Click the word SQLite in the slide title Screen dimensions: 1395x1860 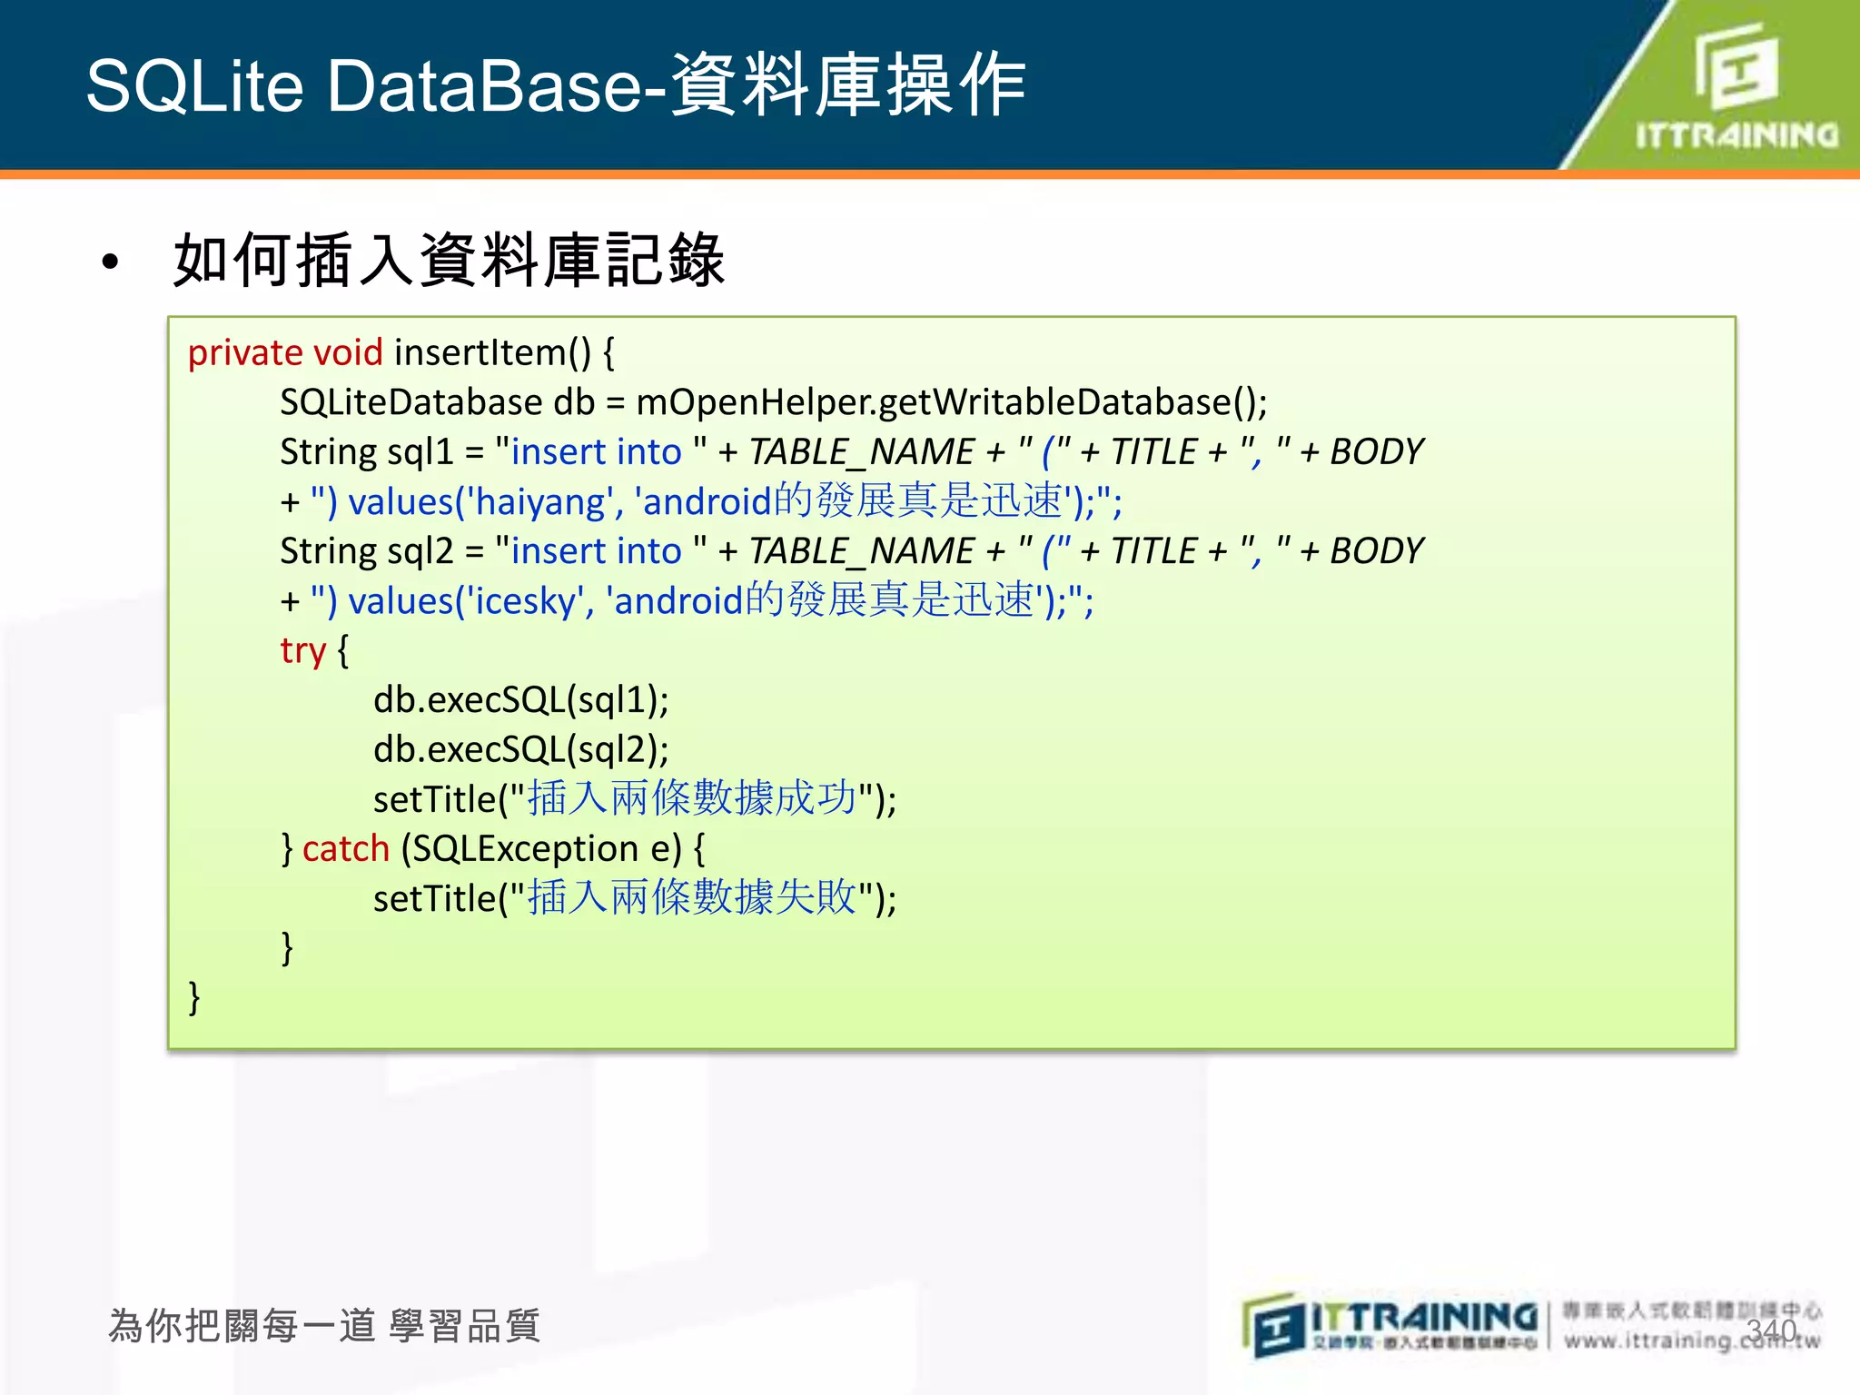(194, 86)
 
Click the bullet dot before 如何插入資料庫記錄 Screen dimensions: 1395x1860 (111, 262)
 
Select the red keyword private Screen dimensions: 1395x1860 (245, 352)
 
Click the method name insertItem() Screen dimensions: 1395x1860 (491, 352)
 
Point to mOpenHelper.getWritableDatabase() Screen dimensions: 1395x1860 (950, 402)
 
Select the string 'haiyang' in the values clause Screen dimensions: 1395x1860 (540, 502)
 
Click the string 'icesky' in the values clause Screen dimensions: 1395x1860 (526, 601)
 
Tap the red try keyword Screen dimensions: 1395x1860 (302, 651)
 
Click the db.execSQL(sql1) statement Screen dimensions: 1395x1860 (520, 700)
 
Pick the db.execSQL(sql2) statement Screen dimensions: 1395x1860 (520, 750)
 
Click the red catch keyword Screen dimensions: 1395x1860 (345, 849)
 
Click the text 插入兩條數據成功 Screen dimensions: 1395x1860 (692, 798)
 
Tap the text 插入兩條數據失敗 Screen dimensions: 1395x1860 (692, 898)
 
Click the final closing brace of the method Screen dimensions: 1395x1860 (193, 997)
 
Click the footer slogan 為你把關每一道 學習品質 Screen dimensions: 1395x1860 (324, 1326)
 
